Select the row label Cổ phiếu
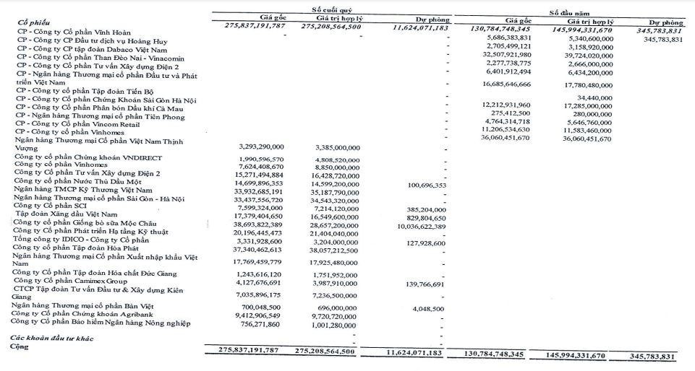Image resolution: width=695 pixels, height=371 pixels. [33, 22]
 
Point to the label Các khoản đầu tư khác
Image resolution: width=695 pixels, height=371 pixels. [51, 336]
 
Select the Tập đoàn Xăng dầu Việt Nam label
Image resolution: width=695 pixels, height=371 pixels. [64, 216]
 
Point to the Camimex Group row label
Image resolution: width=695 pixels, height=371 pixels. [77, 281]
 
